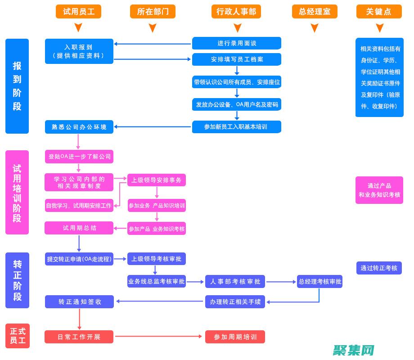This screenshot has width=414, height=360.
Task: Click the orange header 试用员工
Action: pyautogui.click(x=78, y=12)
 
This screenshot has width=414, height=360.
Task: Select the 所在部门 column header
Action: pyautogui.click(x=153, y=12)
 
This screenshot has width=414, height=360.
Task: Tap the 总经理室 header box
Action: pyautogui.click(x=315, y=12)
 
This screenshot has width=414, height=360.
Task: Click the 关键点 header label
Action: pyautogui.click(x=379, y=12)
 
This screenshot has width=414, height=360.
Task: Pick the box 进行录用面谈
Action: pyautogui.click(x=237, y=43)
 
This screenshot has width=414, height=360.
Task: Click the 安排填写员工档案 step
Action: pyautogui.click(x=237, y=59)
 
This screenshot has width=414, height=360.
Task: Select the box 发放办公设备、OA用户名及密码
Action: pyautogui.click(x=237, y=104)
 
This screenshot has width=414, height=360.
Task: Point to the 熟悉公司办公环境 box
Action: pyautogui.click(x=79, y=127)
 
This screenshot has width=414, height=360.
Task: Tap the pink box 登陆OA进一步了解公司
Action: pyautogui.click(x=79, y=157)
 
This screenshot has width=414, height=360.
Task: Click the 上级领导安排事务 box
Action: pyautogui.click(x=156, y=180)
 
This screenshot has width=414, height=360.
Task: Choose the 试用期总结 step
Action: pyautogui.click(x=79, y=228)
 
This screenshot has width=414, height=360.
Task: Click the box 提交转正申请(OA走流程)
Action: pyautogui.click(x=79, y=259)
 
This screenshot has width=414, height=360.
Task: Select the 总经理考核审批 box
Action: pyautogui.click(x=319, y=282)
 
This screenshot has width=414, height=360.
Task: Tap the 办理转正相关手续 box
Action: pyautogui.click(x=235, y=301)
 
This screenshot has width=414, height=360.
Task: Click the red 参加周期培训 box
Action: pyautogui.click(x=235, y=337)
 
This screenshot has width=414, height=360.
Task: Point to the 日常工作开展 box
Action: pyautogui.click(x=79, y=337)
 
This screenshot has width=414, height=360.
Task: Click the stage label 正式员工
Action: pyautogui.click(x=18, y=336)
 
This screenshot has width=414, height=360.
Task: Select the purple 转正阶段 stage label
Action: pyautogui.click(x=18, y=280)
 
